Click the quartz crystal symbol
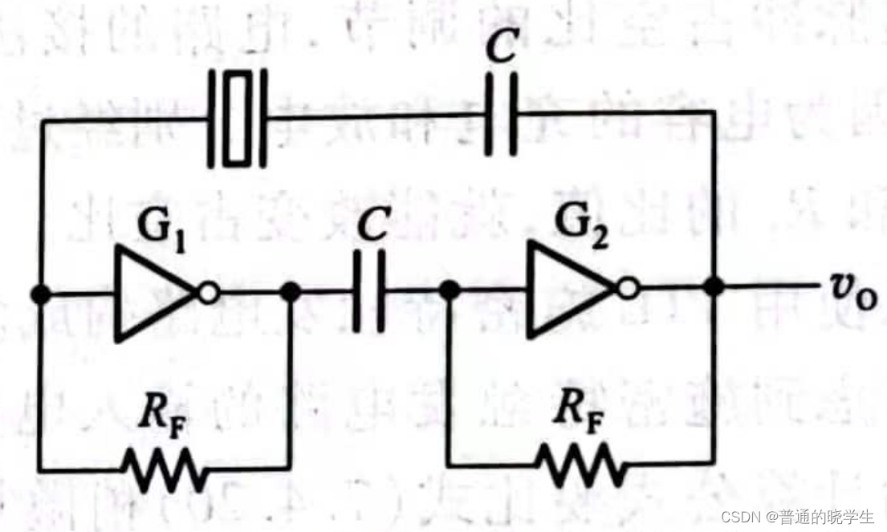238,120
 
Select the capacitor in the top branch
501,114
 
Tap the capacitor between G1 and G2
368,291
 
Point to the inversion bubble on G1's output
208,294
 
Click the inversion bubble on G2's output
627,289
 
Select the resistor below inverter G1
164,469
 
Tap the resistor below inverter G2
581,466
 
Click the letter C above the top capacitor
501,45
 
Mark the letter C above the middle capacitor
372,224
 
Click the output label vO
853,290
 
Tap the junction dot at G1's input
40,294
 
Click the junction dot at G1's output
291,292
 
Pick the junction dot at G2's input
450,290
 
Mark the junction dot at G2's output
714,287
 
